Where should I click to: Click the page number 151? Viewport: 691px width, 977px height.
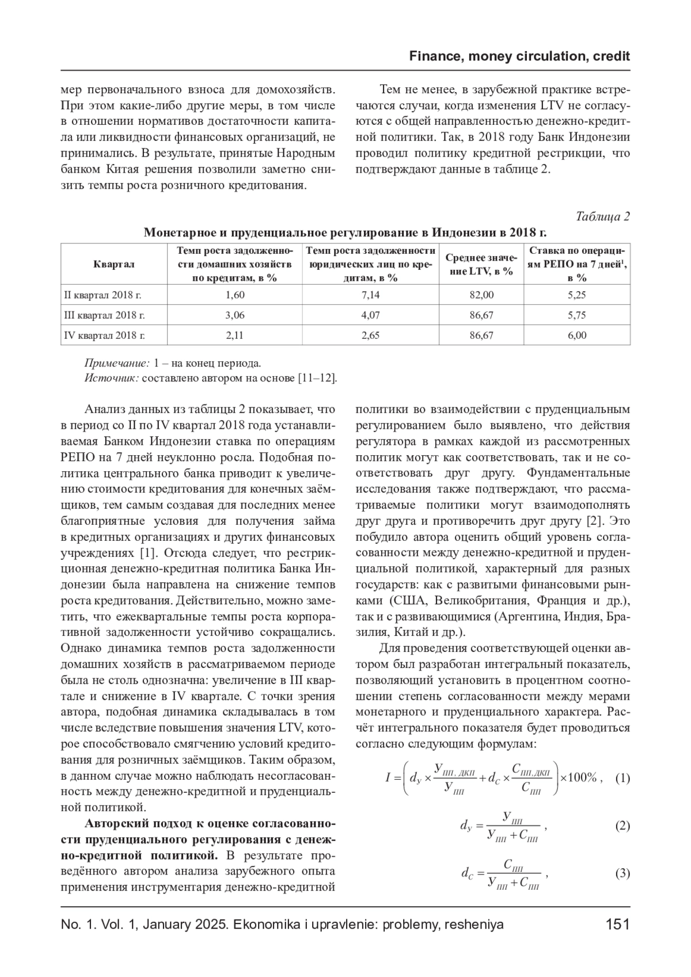pyautogui.click(x=618, y=925)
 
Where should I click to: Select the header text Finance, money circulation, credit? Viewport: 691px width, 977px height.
pyautogui.click(x=519, y=56)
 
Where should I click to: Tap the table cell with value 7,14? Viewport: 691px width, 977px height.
pyautogui.click(x=370, y=295)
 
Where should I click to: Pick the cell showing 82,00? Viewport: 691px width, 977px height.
pyautogui.click(x=481, y=295)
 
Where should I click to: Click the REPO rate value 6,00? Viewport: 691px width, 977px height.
pyautogui.click(x=577, y=335)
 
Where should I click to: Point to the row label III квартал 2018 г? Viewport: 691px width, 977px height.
pyautogui.click(x=104, y=315)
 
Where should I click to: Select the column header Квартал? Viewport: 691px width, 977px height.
pyautogui.click(x=113, y=264)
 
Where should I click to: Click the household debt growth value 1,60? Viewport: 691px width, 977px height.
pyautogui.click(x=235, y=295)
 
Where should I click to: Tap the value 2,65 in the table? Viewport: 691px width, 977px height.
pyautogui.click(x=370, y=335)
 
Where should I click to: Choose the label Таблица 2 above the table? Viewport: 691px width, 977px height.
pyautogui.click(x=603, y=216)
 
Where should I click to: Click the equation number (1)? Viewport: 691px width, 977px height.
pyautogui.click(x=622, y=778)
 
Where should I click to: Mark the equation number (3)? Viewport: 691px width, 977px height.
pyautogui.click(x=622, y=873)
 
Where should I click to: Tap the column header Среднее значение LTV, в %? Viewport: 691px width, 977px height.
pyautogui.click(x=481, y=264)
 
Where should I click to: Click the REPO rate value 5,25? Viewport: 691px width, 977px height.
pyautogui.click(x=577, y=295)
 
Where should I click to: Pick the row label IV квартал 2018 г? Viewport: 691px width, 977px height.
pyautogui.click(x=104, y=335)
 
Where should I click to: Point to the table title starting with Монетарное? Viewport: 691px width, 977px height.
pyautogui.click(x=345, y=233)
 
